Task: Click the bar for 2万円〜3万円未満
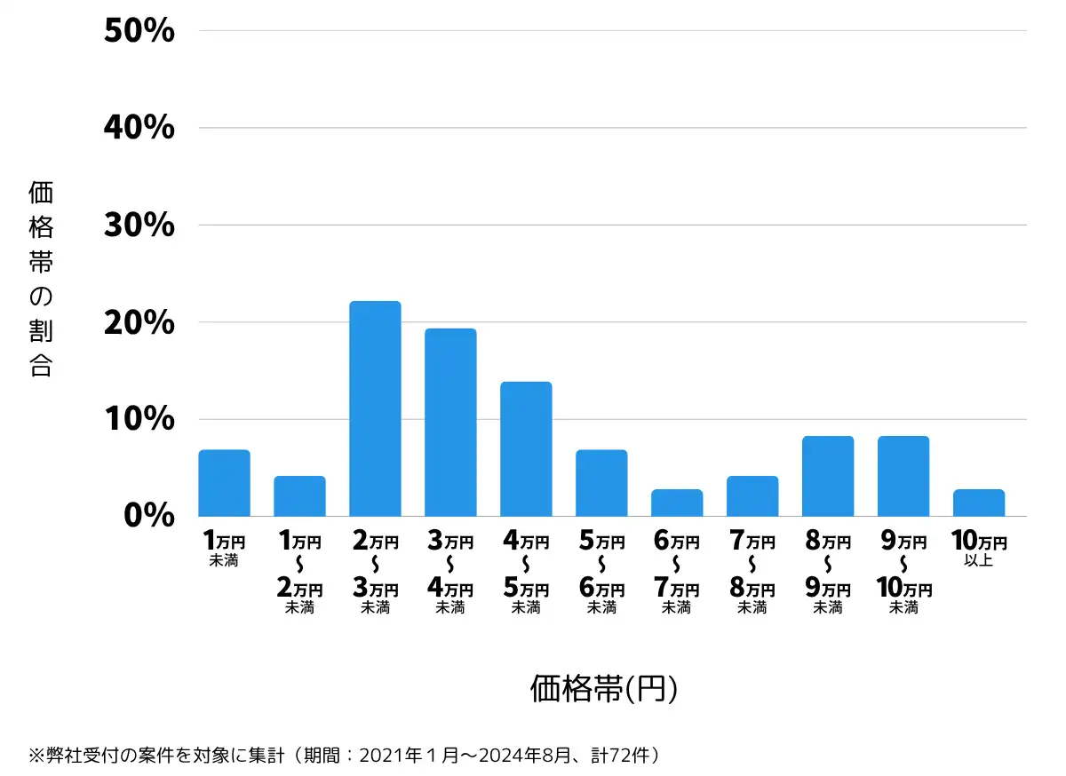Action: click(375, 408)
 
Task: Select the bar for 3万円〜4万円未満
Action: click(450, 423)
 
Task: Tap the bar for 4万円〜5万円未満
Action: click(526, 449)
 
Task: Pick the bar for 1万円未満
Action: click(224, 483)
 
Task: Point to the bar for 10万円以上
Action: click(979, 503)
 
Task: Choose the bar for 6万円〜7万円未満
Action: click(677, 503)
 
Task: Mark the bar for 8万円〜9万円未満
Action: click(828, 476)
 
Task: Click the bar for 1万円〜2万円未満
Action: click(299, 496)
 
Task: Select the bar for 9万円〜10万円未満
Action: click(903, 476)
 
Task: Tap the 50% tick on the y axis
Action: click(139, 31)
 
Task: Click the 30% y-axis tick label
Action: click(139, 226)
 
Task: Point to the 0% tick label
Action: click(148, 516)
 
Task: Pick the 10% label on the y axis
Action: click(139, 419)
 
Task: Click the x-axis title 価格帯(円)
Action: click(604, 689)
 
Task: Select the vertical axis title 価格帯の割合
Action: click(41, 279)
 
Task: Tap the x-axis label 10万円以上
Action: click(978, 549)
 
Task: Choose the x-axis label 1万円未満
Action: click(224, 549)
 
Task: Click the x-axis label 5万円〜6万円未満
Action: click(601, 574)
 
